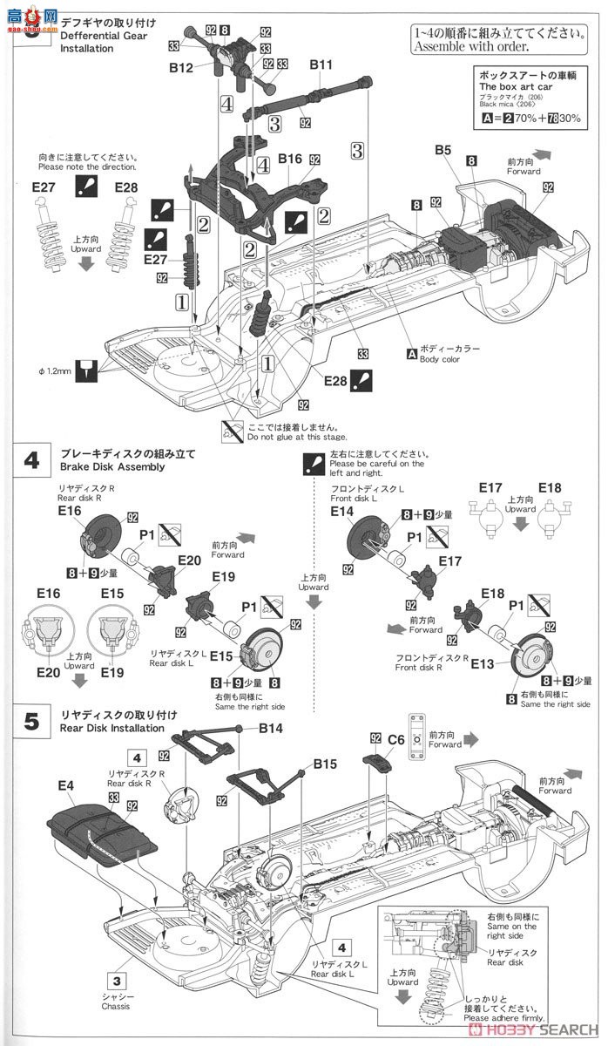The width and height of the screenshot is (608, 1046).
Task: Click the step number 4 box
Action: pyautogui.click(x=32, y=460)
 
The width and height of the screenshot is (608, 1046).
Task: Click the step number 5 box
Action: pyautogui.click(x=32, y=721)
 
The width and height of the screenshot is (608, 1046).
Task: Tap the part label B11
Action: pyautogui.click(x=321, y=65)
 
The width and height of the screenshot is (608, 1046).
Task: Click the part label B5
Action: pyautogui.click(x=443, y=152)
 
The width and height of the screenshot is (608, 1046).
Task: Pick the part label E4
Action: pyautogui.click(x=65, y=786)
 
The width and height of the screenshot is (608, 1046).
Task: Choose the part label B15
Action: pyautogui.click(x=325, y=764)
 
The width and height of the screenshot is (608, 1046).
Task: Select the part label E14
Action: pyautogui.click(x=342, y=512)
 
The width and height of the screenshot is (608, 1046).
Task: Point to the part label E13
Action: pyautogui.click(x=483, y=664)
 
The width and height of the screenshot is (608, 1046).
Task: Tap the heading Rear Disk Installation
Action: pyautogui.click(x=112, y=728)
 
